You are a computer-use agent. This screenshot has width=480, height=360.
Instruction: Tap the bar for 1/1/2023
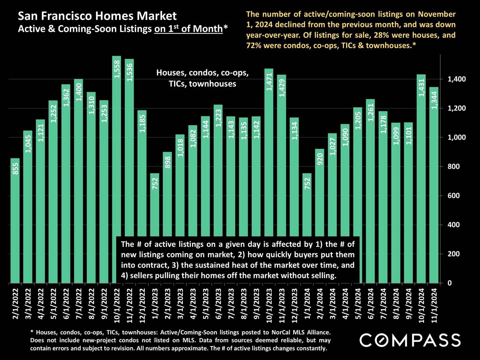click(154, 208)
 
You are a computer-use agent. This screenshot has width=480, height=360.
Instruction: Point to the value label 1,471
click(269, 80)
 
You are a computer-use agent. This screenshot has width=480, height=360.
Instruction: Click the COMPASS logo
click(410, 340)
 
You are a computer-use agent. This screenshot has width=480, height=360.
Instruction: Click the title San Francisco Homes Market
click(97, 16)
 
